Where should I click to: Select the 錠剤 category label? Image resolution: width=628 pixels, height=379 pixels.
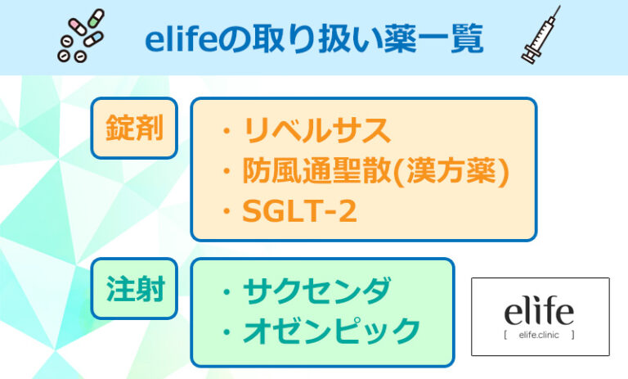pos(134,129)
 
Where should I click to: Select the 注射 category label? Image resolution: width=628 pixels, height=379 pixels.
pos(134,289)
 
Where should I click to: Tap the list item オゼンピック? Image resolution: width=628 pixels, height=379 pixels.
pos(331,332)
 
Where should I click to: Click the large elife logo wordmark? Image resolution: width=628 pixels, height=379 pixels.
pos(539,311)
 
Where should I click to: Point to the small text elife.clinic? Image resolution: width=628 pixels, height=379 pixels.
pos(540,335)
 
